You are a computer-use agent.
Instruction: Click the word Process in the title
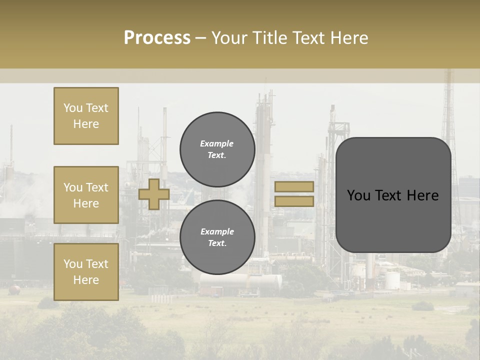pyautogui.click(x=157, y=37)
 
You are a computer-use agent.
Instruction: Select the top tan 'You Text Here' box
pyautogui.click(x=86, y=116)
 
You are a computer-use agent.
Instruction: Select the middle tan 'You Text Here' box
pyautogui.click(x=86, y=195)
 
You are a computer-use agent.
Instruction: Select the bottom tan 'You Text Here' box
pyautogui.click(x=86, y=272)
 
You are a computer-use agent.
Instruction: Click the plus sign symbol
pyautogui.click(x=154, y=194)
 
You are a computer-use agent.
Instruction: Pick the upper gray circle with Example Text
pyautogui.click(x=217, y=149)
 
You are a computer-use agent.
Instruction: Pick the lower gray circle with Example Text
pyautogui.click(x=217, y=237)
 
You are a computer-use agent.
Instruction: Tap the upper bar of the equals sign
pyautogui.click(x=294, y=186)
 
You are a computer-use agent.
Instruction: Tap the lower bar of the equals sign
pyautogui.click(x=294, y=201)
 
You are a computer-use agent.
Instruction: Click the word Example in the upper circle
pyautogui.click(x=217, y=144)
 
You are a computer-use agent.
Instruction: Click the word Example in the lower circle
pyautogui.click(x=217, y=232)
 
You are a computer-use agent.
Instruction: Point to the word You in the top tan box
pyautogui.click(x=73, y=108)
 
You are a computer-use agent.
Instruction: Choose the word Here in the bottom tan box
pyautogui.click(x=86, y=280)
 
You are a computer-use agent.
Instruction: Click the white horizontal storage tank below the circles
pyautogui.click(x=240, y=283)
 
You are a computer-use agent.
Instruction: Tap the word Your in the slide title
pyautogui.click(x=230, y=38)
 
